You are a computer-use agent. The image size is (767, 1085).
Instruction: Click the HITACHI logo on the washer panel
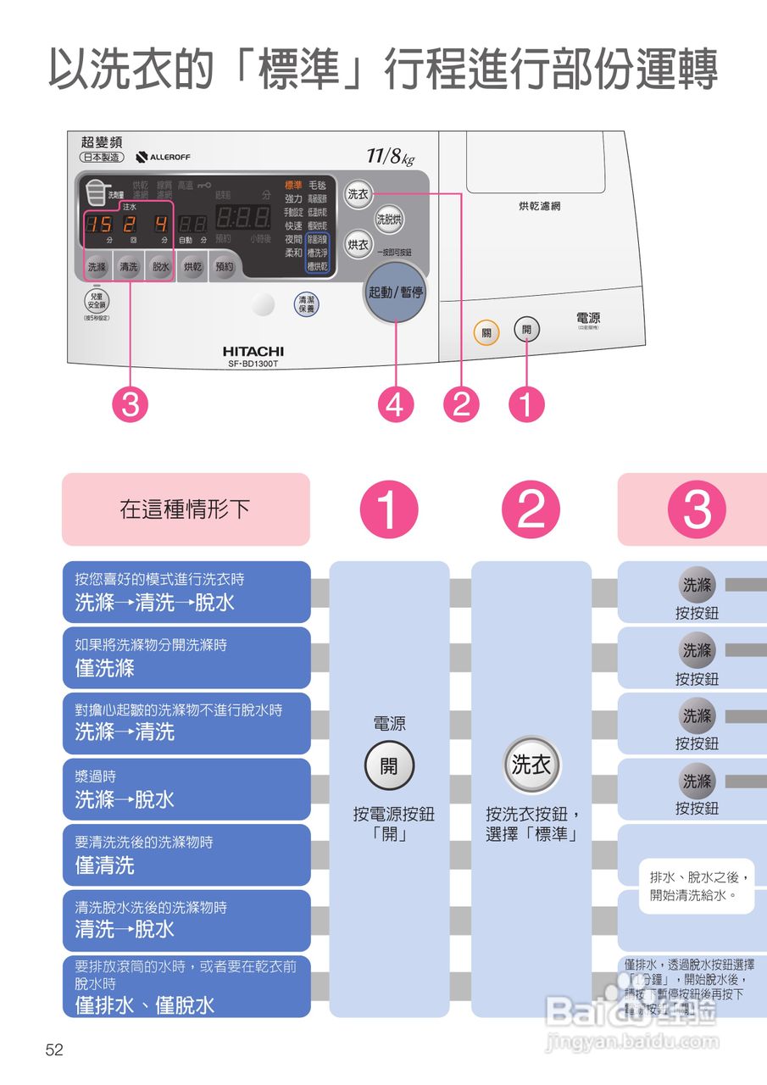click(x=253, y=351)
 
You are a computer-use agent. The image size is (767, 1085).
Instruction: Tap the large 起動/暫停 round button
click(x=396, y=293)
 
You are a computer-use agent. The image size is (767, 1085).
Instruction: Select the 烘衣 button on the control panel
click(x=358, y=245)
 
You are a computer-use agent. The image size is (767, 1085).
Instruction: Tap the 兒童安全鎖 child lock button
click(x=96, y=301)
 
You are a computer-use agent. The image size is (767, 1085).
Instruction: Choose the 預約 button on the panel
click(x=225, y=266)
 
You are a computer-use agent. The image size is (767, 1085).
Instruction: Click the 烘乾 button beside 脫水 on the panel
click(x=193, y=266)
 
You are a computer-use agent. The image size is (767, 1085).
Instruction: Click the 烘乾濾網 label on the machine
click(x=540, y=206)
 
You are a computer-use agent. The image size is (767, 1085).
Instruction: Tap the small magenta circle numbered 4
click(x=396, y=405)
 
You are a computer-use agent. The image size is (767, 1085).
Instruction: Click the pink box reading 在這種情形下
click(x=186, y=509)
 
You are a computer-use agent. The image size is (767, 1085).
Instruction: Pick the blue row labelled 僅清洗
click(x=186, y=855)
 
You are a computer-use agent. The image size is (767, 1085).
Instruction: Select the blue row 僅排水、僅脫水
click(x=186, y=987)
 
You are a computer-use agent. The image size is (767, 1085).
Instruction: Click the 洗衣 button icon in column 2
click(x=531, y=765)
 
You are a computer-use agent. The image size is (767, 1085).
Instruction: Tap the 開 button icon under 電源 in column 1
click(x=388, y=765)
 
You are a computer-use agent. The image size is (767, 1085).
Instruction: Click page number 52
click(x=54, y=1050)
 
